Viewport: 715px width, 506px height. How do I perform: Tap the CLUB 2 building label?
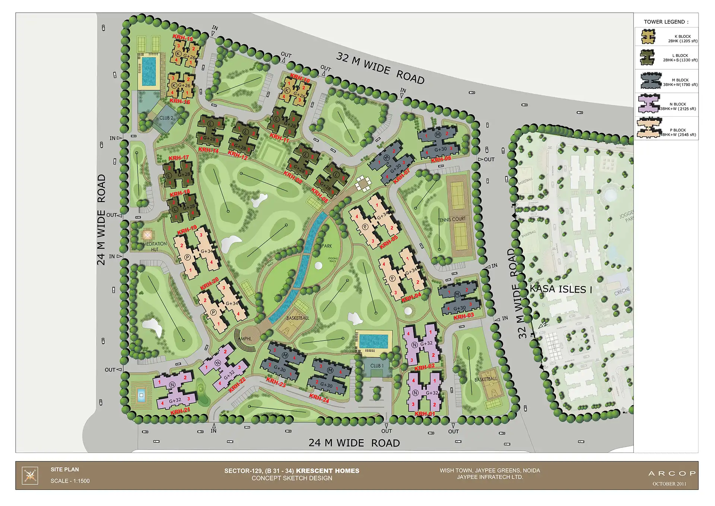[x=166, y=118]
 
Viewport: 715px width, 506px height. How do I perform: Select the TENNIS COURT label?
[x=452, y=219]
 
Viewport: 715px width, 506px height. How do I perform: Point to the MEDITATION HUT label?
[x=155, y=246]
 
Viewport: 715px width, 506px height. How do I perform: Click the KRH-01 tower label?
[x=425, y=414]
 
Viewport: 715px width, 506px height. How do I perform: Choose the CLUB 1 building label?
[x=377, y=366]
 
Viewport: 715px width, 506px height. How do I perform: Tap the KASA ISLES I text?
[x=561, y=289]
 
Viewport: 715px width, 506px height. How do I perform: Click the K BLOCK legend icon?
[x=648, y=37]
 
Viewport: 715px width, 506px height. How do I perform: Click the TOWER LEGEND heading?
[x=666, y=22]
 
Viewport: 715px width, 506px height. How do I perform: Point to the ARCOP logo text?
[x=672, y=473]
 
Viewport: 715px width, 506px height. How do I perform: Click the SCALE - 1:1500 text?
[x=70, y=481]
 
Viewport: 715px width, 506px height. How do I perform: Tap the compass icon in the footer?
[x=30, y=475]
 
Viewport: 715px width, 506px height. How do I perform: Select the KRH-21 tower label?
[x=180, y=411]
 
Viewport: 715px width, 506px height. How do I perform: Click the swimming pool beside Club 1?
[x=374, y=341]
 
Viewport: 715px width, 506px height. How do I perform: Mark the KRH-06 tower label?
[x=441, y=159]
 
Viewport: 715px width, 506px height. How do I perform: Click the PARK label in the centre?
[x=327, y=246]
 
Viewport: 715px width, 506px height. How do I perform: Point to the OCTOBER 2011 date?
[x=669, y=484]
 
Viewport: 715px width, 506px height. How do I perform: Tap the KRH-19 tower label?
[x=187, y=230]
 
